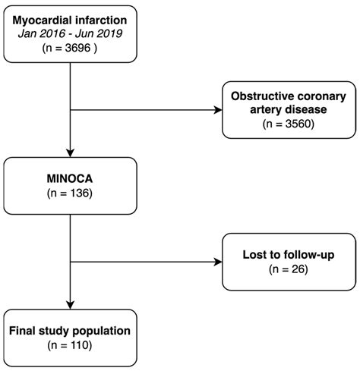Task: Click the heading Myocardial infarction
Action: [71, 18]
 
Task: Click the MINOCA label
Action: [71, 177]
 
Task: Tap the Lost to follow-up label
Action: [289, 254]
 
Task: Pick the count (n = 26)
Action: [289, 269]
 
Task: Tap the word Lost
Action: [254, 254]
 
